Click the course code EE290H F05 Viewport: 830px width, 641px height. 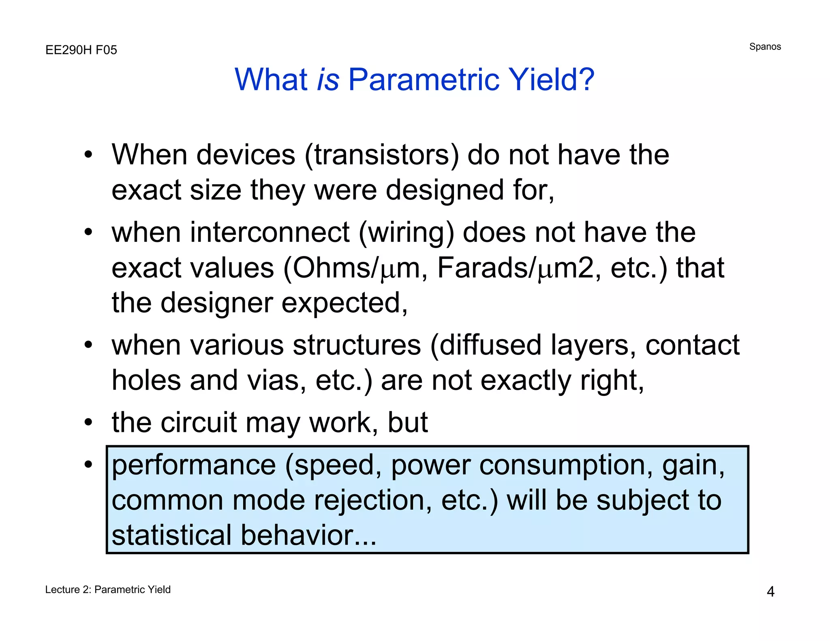coord(81,50)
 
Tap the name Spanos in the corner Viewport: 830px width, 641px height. coord(765,47)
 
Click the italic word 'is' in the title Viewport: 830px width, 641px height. coord(328,79)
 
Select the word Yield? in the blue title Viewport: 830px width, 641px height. coord(551,79)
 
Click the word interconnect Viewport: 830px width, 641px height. coord(271,233)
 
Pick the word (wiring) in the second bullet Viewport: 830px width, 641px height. coord(407,233)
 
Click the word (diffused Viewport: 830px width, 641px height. coord(486,345)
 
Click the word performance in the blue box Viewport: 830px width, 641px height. coord(194,465)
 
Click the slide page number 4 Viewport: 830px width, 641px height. coord(770,592)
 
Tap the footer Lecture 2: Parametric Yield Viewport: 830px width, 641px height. coord(108,590)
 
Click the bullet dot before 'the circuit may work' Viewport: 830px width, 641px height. coord(88,422)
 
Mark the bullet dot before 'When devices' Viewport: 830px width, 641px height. coord(88,155)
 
